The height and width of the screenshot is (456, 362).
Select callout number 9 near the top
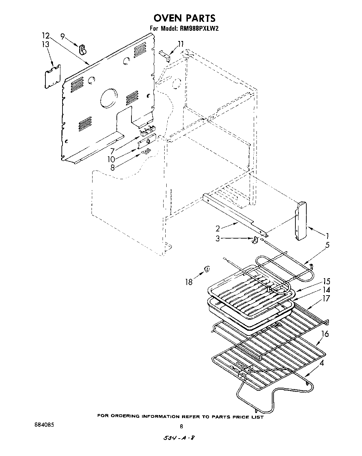[62, 36]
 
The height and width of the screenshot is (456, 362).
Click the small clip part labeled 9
[83, 49]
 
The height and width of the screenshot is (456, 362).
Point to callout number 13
[45, 44]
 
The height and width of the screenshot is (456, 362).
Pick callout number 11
[180, 44]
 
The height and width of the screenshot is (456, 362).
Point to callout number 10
[111, 159]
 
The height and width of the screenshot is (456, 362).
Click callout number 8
[113, 167]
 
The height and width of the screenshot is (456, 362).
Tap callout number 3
[218, 239]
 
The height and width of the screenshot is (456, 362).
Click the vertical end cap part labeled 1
[301, 221]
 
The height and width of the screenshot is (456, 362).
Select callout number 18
[189, 282]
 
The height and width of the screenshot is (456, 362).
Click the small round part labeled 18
[207, 270]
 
